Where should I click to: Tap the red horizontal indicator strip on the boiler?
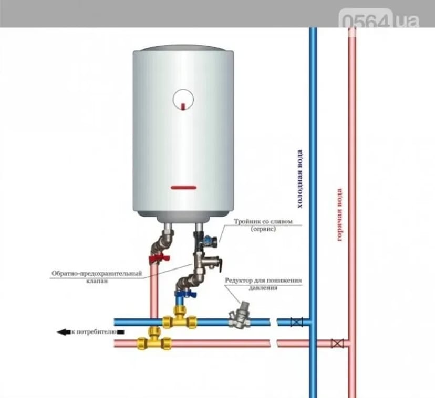(x=183, y=187)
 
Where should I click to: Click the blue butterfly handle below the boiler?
(x=181, y=296)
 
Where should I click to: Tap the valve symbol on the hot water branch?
(x=338, y=343)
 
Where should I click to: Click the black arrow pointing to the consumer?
(x=63, y=332)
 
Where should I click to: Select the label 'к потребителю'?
(x=95, y=332)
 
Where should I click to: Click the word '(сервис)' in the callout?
(x=263, y=230)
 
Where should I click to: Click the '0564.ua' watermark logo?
(x=381, y=21)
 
